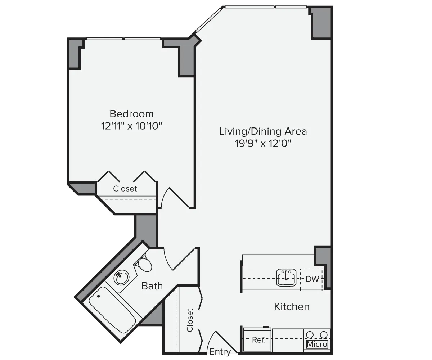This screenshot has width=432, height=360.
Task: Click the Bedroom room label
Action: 131,114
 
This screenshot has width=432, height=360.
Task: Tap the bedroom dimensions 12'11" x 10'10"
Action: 131,126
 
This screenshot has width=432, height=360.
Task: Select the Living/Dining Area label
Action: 263,131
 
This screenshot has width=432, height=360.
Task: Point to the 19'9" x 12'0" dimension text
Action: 263,143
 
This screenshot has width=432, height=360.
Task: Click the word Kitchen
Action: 292,307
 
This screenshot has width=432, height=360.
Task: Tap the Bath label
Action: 152,286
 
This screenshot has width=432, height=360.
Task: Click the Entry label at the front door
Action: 220,352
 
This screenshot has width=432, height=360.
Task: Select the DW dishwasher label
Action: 312,279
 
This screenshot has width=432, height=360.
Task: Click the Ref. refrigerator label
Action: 258,340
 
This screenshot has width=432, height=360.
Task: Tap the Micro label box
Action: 317,345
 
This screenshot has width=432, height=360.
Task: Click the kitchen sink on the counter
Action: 286,278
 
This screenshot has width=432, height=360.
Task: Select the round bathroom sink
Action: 121,278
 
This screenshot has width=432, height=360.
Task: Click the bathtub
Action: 112,309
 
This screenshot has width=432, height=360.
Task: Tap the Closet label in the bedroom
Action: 125,189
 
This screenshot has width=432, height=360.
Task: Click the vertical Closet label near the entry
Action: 190,320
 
